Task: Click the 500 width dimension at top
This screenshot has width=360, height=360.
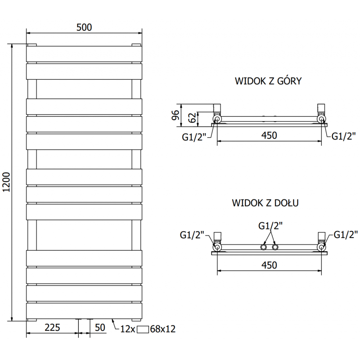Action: click(x=84, y=27)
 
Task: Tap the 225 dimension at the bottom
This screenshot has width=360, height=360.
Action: click(x=53, y=328)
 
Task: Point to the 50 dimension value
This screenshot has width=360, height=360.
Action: click(x=100, y=328)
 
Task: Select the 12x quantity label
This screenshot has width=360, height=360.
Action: click(x=128, y=329)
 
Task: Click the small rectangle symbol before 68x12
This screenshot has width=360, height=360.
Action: click(x=144, y=329)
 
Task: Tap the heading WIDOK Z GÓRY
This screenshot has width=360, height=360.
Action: click(x=268, y=81)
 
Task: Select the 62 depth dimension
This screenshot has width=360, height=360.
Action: click(x=192, y=118)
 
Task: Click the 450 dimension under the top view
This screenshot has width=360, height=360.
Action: click(x=269, y=135)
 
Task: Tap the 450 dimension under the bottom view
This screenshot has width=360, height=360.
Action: click(x=269, y=265)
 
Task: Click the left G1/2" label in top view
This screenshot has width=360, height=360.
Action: click(x=194, y=137)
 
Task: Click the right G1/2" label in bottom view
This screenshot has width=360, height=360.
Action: click(x=346, y=234)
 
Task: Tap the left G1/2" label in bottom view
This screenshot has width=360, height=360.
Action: click(x=192, y=234)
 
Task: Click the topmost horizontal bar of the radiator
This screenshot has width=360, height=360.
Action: click(x=84, y=54)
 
